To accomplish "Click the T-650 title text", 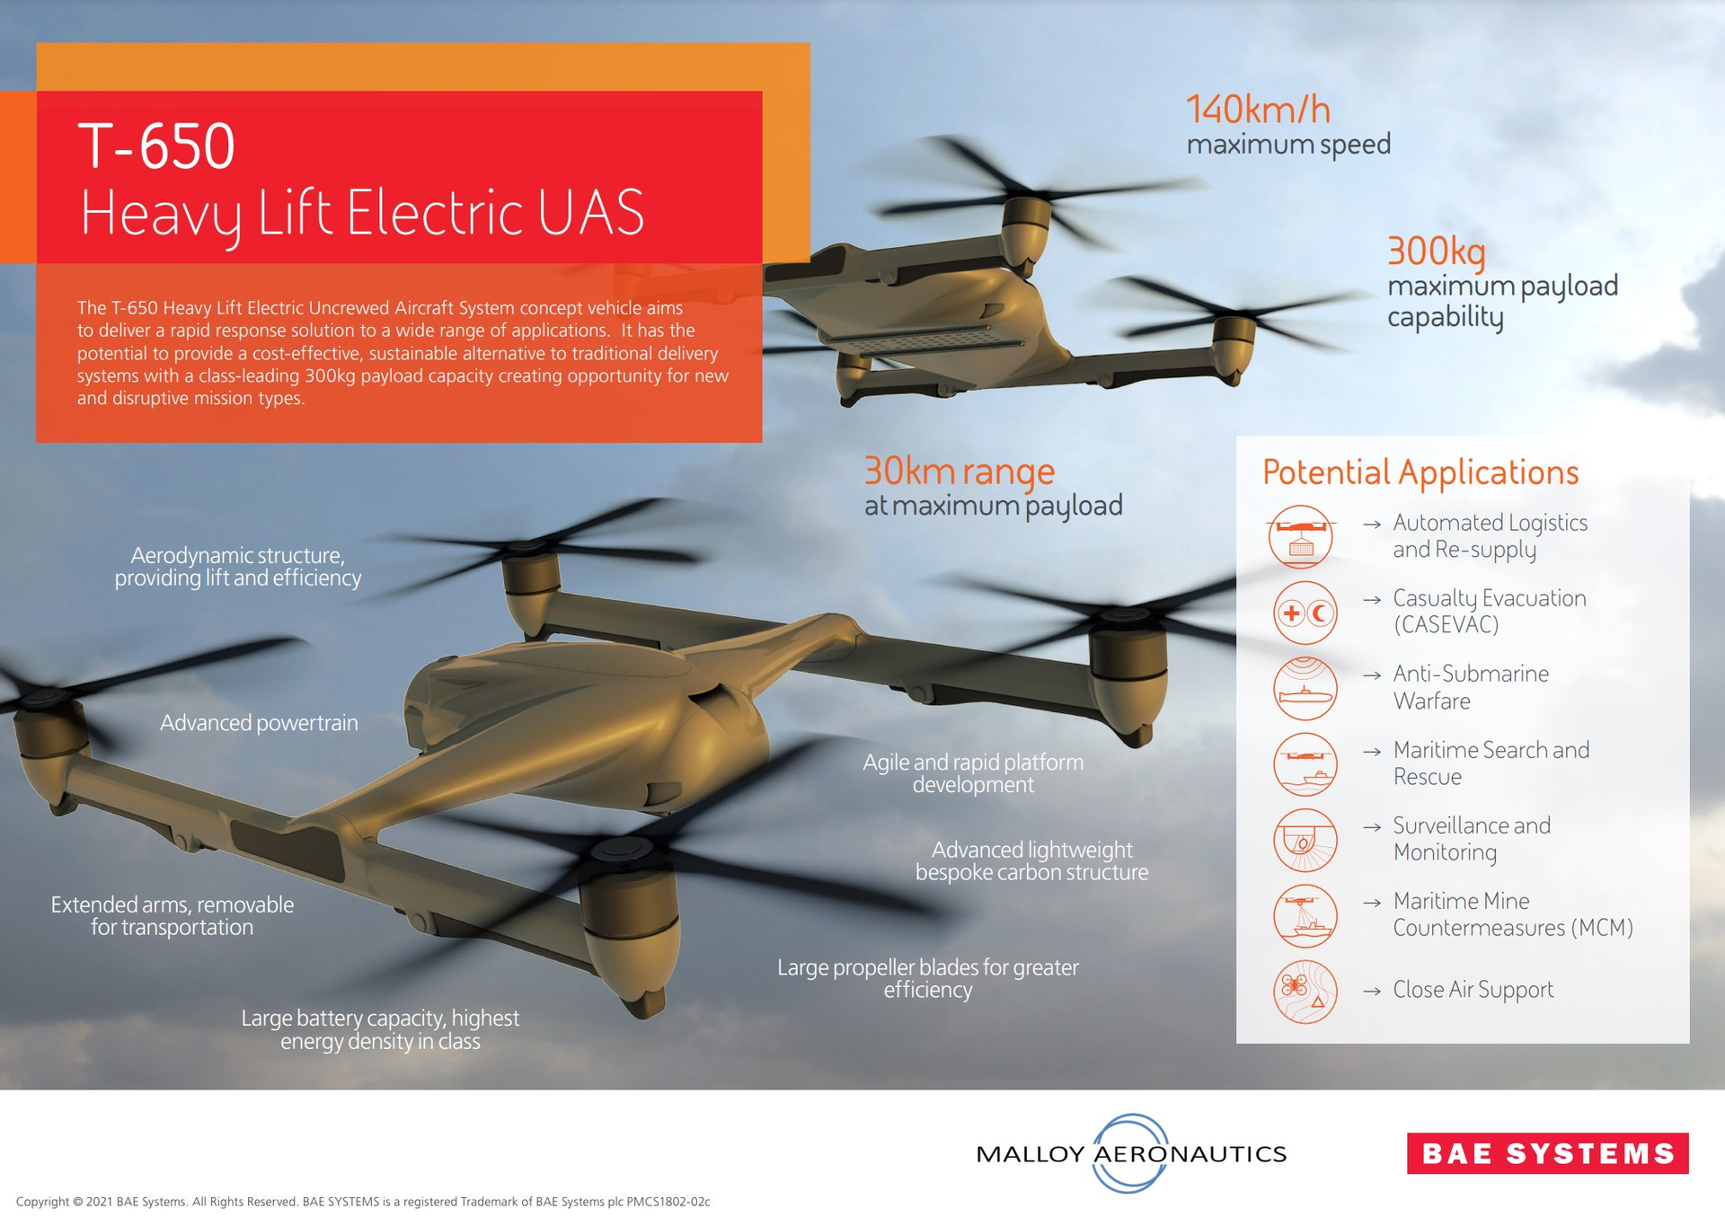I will tap(156, 146).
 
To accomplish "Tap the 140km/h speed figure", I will tap(1258, 110).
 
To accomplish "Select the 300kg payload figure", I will tap(1436, 251).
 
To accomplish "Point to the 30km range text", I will tap(959, 472).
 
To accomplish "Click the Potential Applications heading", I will tap(1420, 472).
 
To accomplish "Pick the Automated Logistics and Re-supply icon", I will tap(1301, 537).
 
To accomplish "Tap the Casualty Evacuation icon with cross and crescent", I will tap(1305, 613).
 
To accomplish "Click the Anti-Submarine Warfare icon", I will tap(1305, 689).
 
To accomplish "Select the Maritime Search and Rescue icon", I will tap(1305, 764).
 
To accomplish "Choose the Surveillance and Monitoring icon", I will tap(1305, 841).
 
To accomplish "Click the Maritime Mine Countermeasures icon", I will tap(1305, 916).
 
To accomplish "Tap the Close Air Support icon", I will tap(1305, 992).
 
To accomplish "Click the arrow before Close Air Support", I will tap(1371, 992).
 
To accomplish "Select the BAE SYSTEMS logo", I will tap(1547, 1153).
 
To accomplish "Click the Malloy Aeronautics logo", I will tap(1131, 1153).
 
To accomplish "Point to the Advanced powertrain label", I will tap(259, 723).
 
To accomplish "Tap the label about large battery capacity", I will tap(380, 1029).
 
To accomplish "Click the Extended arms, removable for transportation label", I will tap(172, 915).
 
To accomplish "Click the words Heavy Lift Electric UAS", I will tap(362, 214).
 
